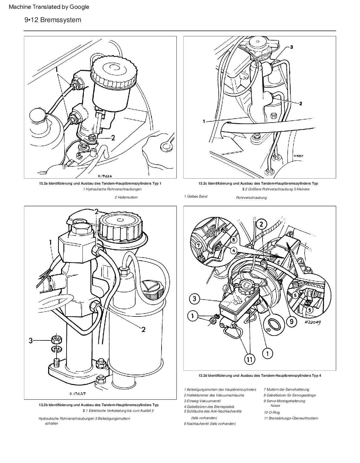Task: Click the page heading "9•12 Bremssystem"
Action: click(53, 20)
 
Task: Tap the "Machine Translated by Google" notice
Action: click(49, 7)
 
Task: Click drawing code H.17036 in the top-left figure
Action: click(105, 176)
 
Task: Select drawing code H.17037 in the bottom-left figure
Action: click(78, 394)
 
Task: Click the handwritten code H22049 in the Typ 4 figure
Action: click(311, 322)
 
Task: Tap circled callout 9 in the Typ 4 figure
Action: click(292, 321)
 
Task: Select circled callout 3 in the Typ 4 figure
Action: click(195, 299)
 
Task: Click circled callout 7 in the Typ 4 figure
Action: click(198, 245)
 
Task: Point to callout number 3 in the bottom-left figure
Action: click(31, 341)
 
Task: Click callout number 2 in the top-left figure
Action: click(113, 138)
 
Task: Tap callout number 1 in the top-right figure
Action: click(204, 121)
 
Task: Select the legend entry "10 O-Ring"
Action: click(272, 412)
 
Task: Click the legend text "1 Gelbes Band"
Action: click(196, 196)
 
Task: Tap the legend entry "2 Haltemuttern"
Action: click(126, 197)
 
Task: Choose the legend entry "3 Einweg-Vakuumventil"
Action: click(202, 401)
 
